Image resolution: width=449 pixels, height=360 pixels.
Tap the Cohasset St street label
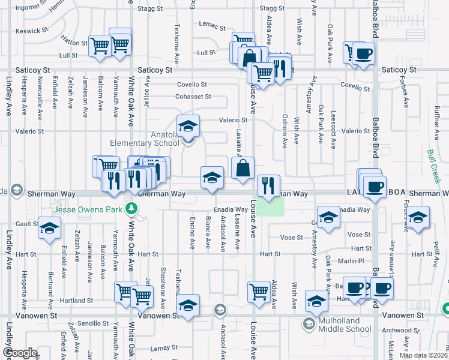(x=193, y=96)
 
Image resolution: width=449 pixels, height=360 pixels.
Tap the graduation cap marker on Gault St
(x=50, y=227)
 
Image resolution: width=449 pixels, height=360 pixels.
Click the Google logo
(x=20, y=353)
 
